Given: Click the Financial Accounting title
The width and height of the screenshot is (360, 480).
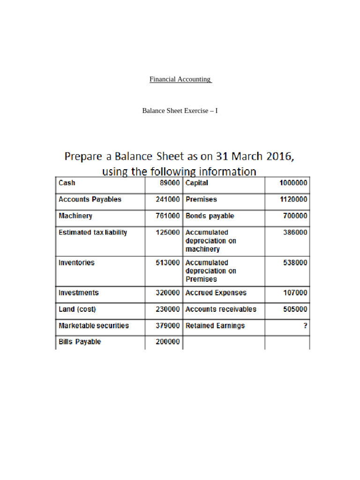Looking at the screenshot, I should tap(180, 79).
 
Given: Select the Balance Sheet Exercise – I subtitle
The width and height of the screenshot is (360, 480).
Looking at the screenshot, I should tap(180, 111).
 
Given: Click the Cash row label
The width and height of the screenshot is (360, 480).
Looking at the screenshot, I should tap(67, 183).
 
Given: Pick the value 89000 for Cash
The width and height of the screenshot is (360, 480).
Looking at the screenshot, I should tap(170, 183).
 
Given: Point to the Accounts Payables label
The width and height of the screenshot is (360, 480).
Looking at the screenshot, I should tap(90, 199).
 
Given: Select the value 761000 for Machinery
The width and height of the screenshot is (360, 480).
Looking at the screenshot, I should tap(168, 216).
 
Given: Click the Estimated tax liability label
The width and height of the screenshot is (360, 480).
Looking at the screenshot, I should tap(92, 232).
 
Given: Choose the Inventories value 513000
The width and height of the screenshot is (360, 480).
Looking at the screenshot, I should tap(168, 262).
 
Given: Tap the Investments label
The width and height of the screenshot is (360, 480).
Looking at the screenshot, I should tap(78, 292).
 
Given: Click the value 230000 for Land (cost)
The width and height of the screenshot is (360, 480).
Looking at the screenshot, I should tap(168, 309).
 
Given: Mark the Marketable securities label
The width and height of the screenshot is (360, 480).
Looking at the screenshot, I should tap(93, 325).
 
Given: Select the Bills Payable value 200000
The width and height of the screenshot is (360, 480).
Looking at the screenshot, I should tap(168, 342).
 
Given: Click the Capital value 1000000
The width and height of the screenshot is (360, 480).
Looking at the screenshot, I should tap(293, 183).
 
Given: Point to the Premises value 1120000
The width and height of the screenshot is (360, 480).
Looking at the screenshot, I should tap(293, 199).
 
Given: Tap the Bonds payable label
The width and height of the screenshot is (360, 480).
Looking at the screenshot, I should tap(210, 216).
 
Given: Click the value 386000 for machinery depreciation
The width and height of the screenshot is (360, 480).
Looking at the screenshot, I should tap(295, 232).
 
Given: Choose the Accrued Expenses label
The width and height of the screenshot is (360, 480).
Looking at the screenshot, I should tap(216, 292).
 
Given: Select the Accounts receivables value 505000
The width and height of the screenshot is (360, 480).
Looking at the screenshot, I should tap(295, 309).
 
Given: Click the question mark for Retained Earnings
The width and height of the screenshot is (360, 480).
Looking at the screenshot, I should tap(306, 325).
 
